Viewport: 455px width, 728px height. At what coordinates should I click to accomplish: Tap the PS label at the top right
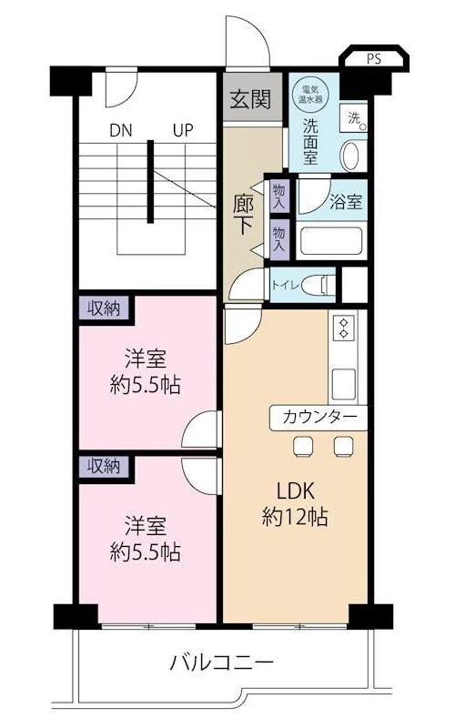[375, 59]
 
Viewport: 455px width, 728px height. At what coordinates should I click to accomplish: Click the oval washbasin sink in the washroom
[350, 156]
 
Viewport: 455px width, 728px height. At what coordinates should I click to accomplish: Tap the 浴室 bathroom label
[347, 202]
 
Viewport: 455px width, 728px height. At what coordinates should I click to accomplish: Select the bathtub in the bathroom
[331, 242]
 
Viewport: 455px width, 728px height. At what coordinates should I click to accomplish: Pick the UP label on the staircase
[183, 130]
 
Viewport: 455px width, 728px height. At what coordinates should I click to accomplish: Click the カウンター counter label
[318, 417]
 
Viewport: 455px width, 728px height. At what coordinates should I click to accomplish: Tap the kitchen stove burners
[344, 329]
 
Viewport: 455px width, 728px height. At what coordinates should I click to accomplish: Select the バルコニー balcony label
[220, 662]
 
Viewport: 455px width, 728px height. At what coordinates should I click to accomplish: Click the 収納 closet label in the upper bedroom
[103, 308]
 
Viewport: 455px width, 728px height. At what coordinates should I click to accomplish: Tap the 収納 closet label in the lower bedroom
[103, 467]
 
